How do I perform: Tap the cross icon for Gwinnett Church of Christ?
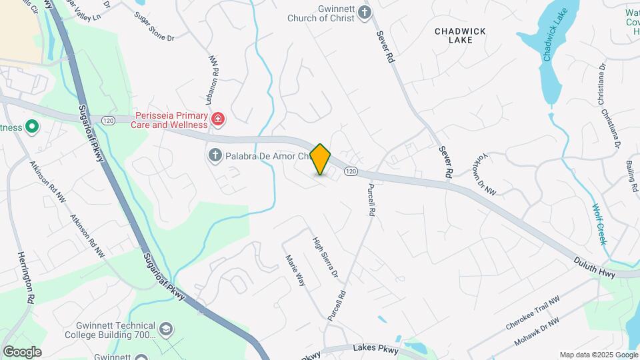(364, 11)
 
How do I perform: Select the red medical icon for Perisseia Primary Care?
(217, 119)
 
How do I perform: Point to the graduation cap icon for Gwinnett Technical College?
(165, 329)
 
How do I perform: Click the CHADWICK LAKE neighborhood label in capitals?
(460, 35)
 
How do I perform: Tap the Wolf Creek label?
(599, 224)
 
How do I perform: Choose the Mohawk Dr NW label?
(536, 332)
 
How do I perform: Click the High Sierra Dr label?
(326, 258)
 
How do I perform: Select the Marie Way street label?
(295, 271)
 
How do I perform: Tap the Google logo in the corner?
(22, 351)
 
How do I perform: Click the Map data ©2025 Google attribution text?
(598, 355)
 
